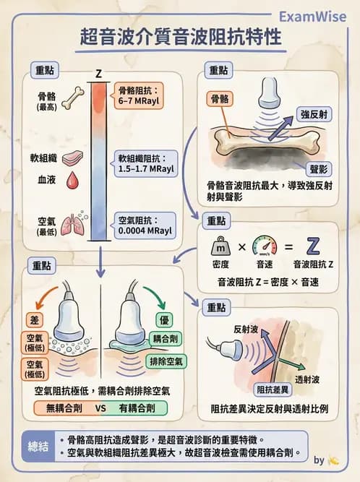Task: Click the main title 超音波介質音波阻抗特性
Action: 180,38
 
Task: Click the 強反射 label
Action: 314,113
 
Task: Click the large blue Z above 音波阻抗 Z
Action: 313,245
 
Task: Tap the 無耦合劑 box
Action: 60,408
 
